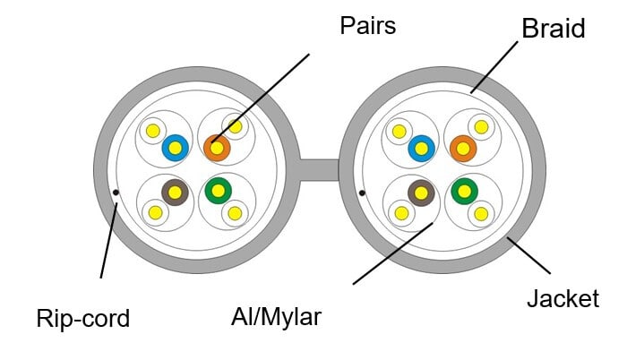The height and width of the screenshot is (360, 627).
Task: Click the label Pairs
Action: pyautogui.click(x=368, y=26)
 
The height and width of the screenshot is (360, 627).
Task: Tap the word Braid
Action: pyautogui.click(x=553, y=29)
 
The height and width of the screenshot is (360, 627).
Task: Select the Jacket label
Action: pyautogui.click(x=563, y=298)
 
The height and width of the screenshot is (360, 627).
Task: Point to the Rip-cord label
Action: pyautogui.click(x=83, y=317)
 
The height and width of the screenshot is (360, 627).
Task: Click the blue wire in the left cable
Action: pyautogui.click(x=176, y=148)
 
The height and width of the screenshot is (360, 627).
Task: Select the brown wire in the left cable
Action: pyautogui.click(x=175, y=192)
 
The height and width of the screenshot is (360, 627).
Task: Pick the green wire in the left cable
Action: pyautogui.click(x=218, y=191)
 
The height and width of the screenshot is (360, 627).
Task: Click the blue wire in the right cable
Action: pyautogui.click(x=421, y=148)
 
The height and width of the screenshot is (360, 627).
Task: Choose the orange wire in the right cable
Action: pyautogui.click(x=463, y=148)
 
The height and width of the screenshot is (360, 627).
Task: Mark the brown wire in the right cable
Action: pyautogui.click(x=421, y=192)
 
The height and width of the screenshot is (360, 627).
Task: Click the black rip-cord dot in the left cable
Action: pyautogui.click(x=116, y=192)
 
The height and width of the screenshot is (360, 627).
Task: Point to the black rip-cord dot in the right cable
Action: pyautogui.click(x=361, y=192)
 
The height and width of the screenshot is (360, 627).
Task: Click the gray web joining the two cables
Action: pyautogui.click(x=318, y=170)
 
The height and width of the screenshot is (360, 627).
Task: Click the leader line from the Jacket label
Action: pyautogui.click(x=528, y=254)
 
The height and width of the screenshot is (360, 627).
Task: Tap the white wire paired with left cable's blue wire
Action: pyautogui.click(x=154, y=131)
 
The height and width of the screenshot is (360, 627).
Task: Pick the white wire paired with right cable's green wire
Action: pyautogui.click(x=482, y=213)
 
